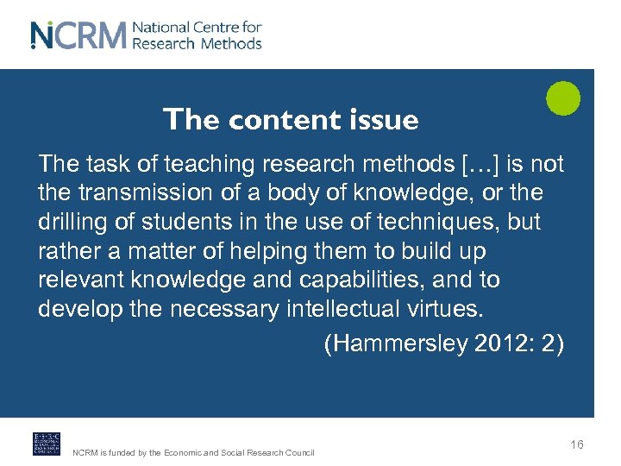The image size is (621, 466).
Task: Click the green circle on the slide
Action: (563, 98)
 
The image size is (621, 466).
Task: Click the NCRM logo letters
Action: (78, 35)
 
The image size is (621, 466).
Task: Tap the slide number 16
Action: (576, 444)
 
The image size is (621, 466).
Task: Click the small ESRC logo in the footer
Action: (46, 443)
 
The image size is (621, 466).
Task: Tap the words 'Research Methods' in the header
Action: (197, 43)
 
